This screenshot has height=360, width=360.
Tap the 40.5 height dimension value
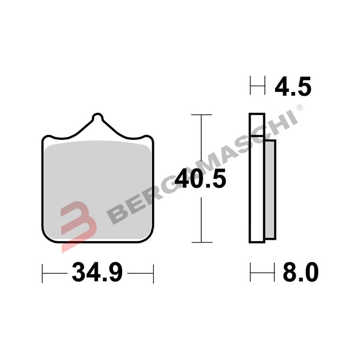[200, 179]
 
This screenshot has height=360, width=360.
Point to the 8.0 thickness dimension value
[300, 273]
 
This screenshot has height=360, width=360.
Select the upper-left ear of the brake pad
[48, 138]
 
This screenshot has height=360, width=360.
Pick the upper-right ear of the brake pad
[147, 138]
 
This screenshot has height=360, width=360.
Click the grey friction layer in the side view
[270, 189]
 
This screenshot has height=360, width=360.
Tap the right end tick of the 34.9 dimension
[153, 273]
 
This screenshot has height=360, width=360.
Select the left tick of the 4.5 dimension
[251, 86]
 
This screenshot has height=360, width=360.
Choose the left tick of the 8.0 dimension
[251, 273]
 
